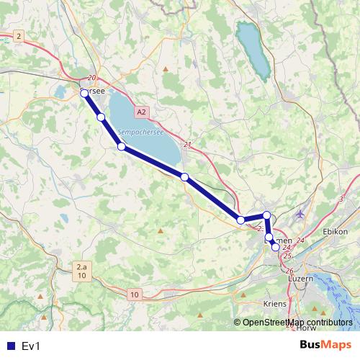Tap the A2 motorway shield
click(x=141, y=112)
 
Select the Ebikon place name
click(x=336, y=231)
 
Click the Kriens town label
click(x=275, y=304)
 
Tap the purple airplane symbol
click(x=300, y=214)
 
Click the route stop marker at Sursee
click(x=84, y=93)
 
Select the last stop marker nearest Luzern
click(x=275, y=247)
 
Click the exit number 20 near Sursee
click(x=91, y=78)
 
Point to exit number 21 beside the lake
click(x=188, y=145)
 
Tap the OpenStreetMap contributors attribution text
click(x=297, y=322)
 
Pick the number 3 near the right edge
click(x=341, y=198)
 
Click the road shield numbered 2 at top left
click(x=19, y=36)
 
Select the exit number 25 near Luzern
click(x=287, y=256)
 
